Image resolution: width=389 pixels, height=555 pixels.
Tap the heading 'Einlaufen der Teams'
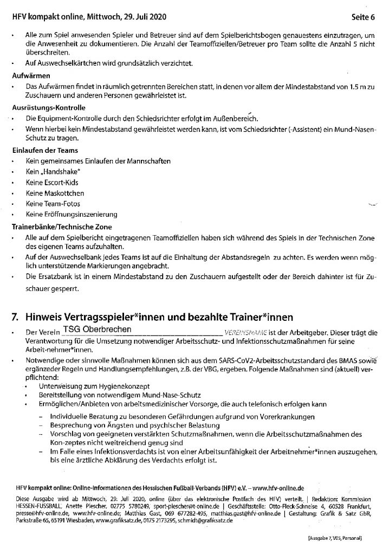(45, 150)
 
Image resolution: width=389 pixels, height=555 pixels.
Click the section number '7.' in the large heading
(16, 314)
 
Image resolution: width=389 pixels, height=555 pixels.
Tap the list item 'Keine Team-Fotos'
(53, 203)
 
